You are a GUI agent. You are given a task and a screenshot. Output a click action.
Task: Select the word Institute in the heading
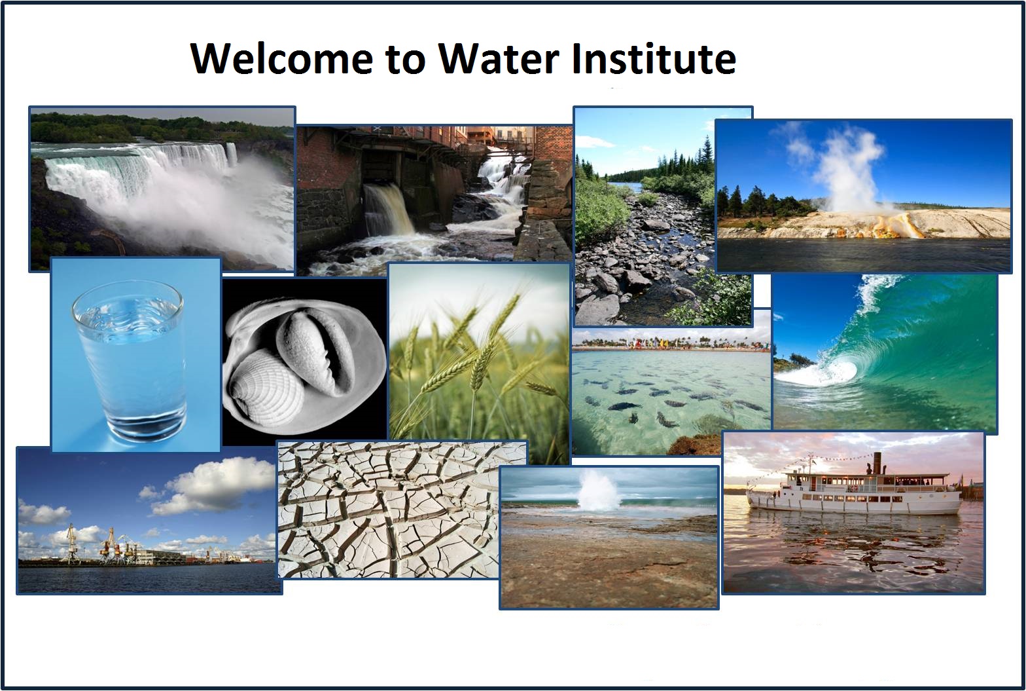tap(654, 58)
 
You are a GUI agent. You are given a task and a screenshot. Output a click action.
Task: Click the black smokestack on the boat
tap(877, 462)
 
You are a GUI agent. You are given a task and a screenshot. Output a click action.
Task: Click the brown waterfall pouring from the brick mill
tap(389, 210)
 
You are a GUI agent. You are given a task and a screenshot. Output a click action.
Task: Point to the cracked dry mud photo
tap(402, 510)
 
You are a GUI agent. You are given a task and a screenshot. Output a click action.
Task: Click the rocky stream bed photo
tap(663, 216)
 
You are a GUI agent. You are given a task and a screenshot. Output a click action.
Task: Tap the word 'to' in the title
tap(406, 60)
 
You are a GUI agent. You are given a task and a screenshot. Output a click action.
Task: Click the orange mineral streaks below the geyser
tap(895, 225)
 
